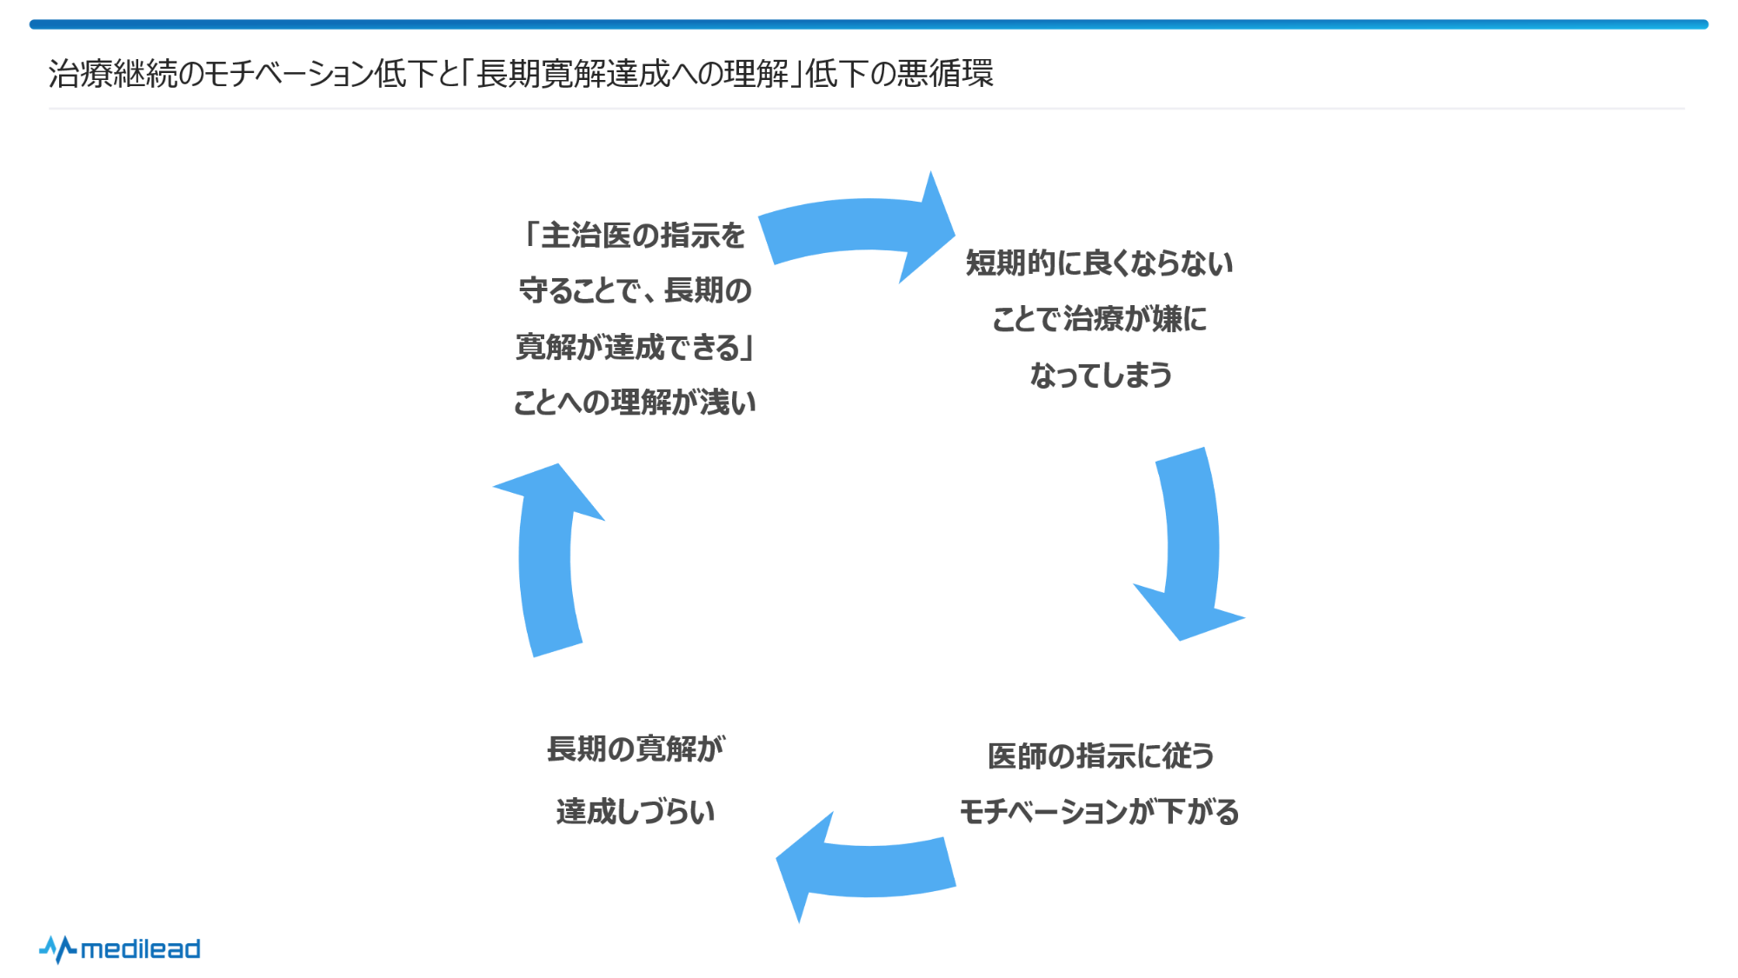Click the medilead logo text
(140, 948)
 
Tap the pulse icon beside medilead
(57, 948)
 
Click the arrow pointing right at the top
(856, 229)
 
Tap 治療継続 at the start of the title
(112, 73)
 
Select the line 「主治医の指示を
(635, 235)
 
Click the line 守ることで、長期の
(635, 290)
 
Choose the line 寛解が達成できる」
(635, 347)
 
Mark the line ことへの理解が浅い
(635, 402)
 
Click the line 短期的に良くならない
(1099, 263)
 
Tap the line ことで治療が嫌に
(1099, 319)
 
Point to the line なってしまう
(1101, 375)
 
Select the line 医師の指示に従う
(1101, 755)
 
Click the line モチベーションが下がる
(1099, 811)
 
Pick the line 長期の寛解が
(636, 748)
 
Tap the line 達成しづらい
(636, 811)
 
